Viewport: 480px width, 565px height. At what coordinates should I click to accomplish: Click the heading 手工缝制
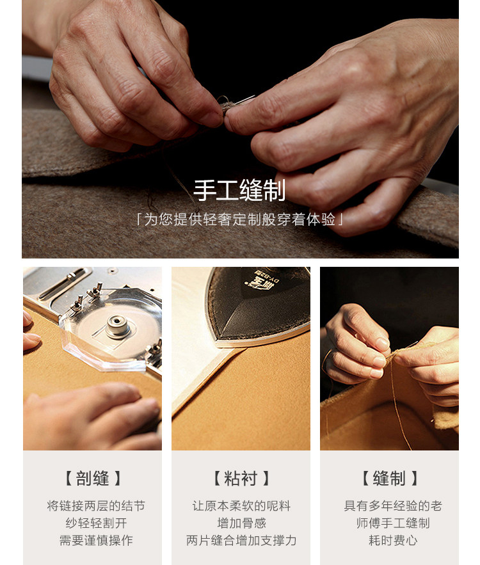point(239,190)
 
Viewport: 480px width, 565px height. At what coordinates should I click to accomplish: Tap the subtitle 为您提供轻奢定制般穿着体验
point(239,219)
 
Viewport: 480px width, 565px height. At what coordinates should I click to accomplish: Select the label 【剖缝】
point(92,479)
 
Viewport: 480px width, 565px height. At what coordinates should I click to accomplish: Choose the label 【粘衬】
point(241,479)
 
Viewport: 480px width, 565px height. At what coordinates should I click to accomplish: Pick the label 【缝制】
point(389,479)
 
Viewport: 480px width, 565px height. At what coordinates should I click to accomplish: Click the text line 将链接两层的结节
point(96,506)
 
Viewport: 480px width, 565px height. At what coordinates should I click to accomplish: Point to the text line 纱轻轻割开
point(96,523)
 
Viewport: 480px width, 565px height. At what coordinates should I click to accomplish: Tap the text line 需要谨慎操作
point(96,540)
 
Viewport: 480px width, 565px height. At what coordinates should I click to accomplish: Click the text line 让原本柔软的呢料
point(241,506)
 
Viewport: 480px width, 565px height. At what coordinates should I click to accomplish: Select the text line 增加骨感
point(241,523)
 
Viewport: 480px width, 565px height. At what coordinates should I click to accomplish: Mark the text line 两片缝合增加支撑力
point(241,540)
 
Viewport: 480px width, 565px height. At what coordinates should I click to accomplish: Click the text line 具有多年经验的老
point(393,506)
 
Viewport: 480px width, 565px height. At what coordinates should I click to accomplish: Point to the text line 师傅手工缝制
point(393,523)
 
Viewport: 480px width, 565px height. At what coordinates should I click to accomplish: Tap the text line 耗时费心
point(393,540)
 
